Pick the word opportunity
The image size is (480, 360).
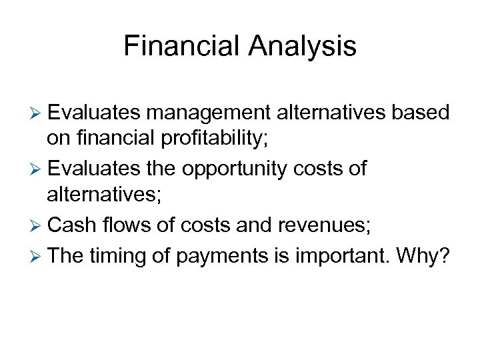click(234, 169)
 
